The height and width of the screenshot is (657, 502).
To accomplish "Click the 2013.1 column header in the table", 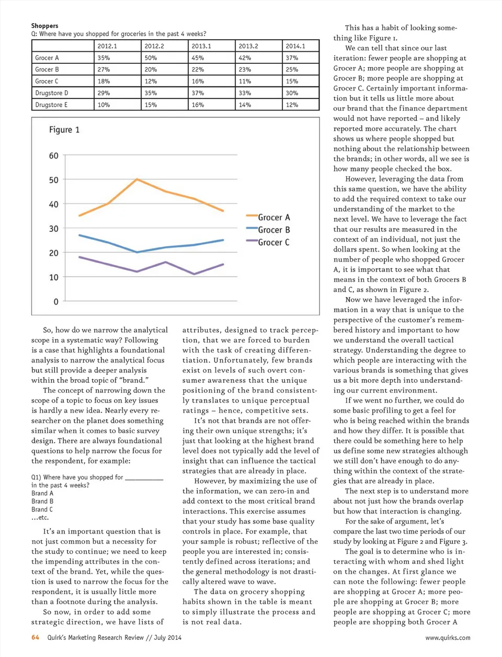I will (201, 46).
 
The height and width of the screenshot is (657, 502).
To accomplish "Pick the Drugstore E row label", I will (51, 105).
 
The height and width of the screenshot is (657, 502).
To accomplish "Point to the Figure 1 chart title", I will (64, 130).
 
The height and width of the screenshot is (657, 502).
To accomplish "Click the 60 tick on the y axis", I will (54, 156).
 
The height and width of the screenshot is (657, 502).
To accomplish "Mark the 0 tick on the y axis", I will (56, 302).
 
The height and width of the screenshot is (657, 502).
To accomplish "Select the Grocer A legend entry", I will (273, 217).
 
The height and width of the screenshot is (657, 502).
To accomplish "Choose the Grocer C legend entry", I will (273, 242).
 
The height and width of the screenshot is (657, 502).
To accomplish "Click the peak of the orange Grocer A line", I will (137, 179).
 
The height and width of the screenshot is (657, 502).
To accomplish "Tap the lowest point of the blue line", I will (137, 252).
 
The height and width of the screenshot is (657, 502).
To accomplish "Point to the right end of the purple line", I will (223, 264).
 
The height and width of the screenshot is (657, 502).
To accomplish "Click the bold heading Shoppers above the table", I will (44, 26).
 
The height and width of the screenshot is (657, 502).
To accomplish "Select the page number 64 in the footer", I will (35, 637).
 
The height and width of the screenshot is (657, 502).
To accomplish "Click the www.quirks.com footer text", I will (447, 638).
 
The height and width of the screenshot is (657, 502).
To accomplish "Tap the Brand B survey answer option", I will (42, 501).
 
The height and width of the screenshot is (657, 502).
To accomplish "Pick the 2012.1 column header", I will (107, 46).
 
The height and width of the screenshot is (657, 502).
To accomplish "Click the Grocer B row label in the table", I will (47, 70).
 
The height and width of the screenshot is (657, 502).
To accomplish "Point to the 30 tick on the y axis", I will (54, 229).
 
